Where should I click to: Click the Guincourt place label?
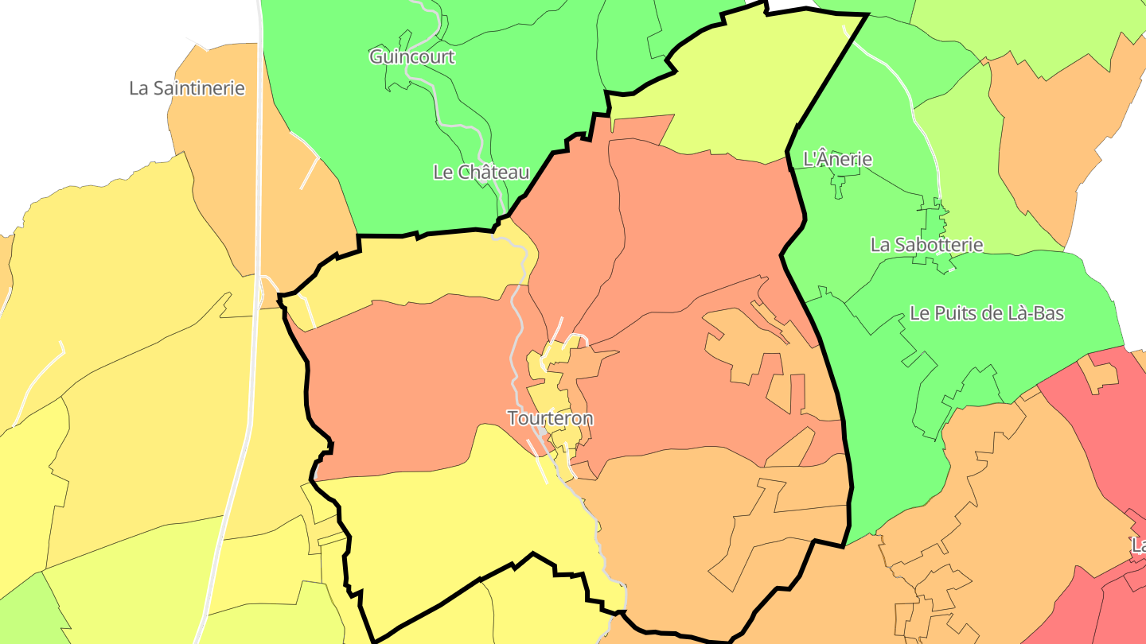(x=411, y=56)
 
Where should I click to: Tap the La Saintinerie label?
(x=187, y=88)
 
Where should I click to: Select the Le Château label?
(x=481, y=172)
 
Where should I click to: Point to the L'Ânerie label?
(x=837, y=159)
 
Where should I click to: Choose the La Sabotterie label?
(x=926, y=245)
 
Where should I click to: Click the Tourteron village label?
(x=551, y=418)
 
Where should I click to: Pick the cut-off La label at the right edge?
(x=1138, y=546)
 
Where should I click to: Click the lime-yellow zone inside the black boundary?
(x=740, y=87)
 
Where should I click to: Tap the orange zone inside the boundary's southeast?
(x=700, y=541)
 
